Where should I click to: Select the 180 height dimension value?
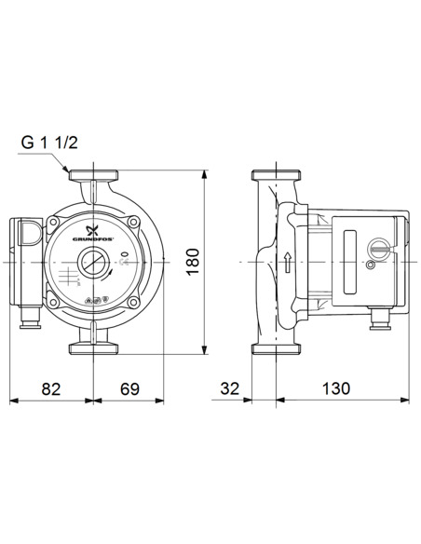[x=191, y=263]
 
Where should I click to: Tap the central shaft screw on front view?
[x=93, y=264]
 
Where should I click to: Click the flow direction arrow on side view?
[x=289, y=263]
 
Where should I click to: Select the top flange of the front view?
[x=93, y=176]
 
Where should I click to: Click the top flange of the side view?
[x=277, y=176]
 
